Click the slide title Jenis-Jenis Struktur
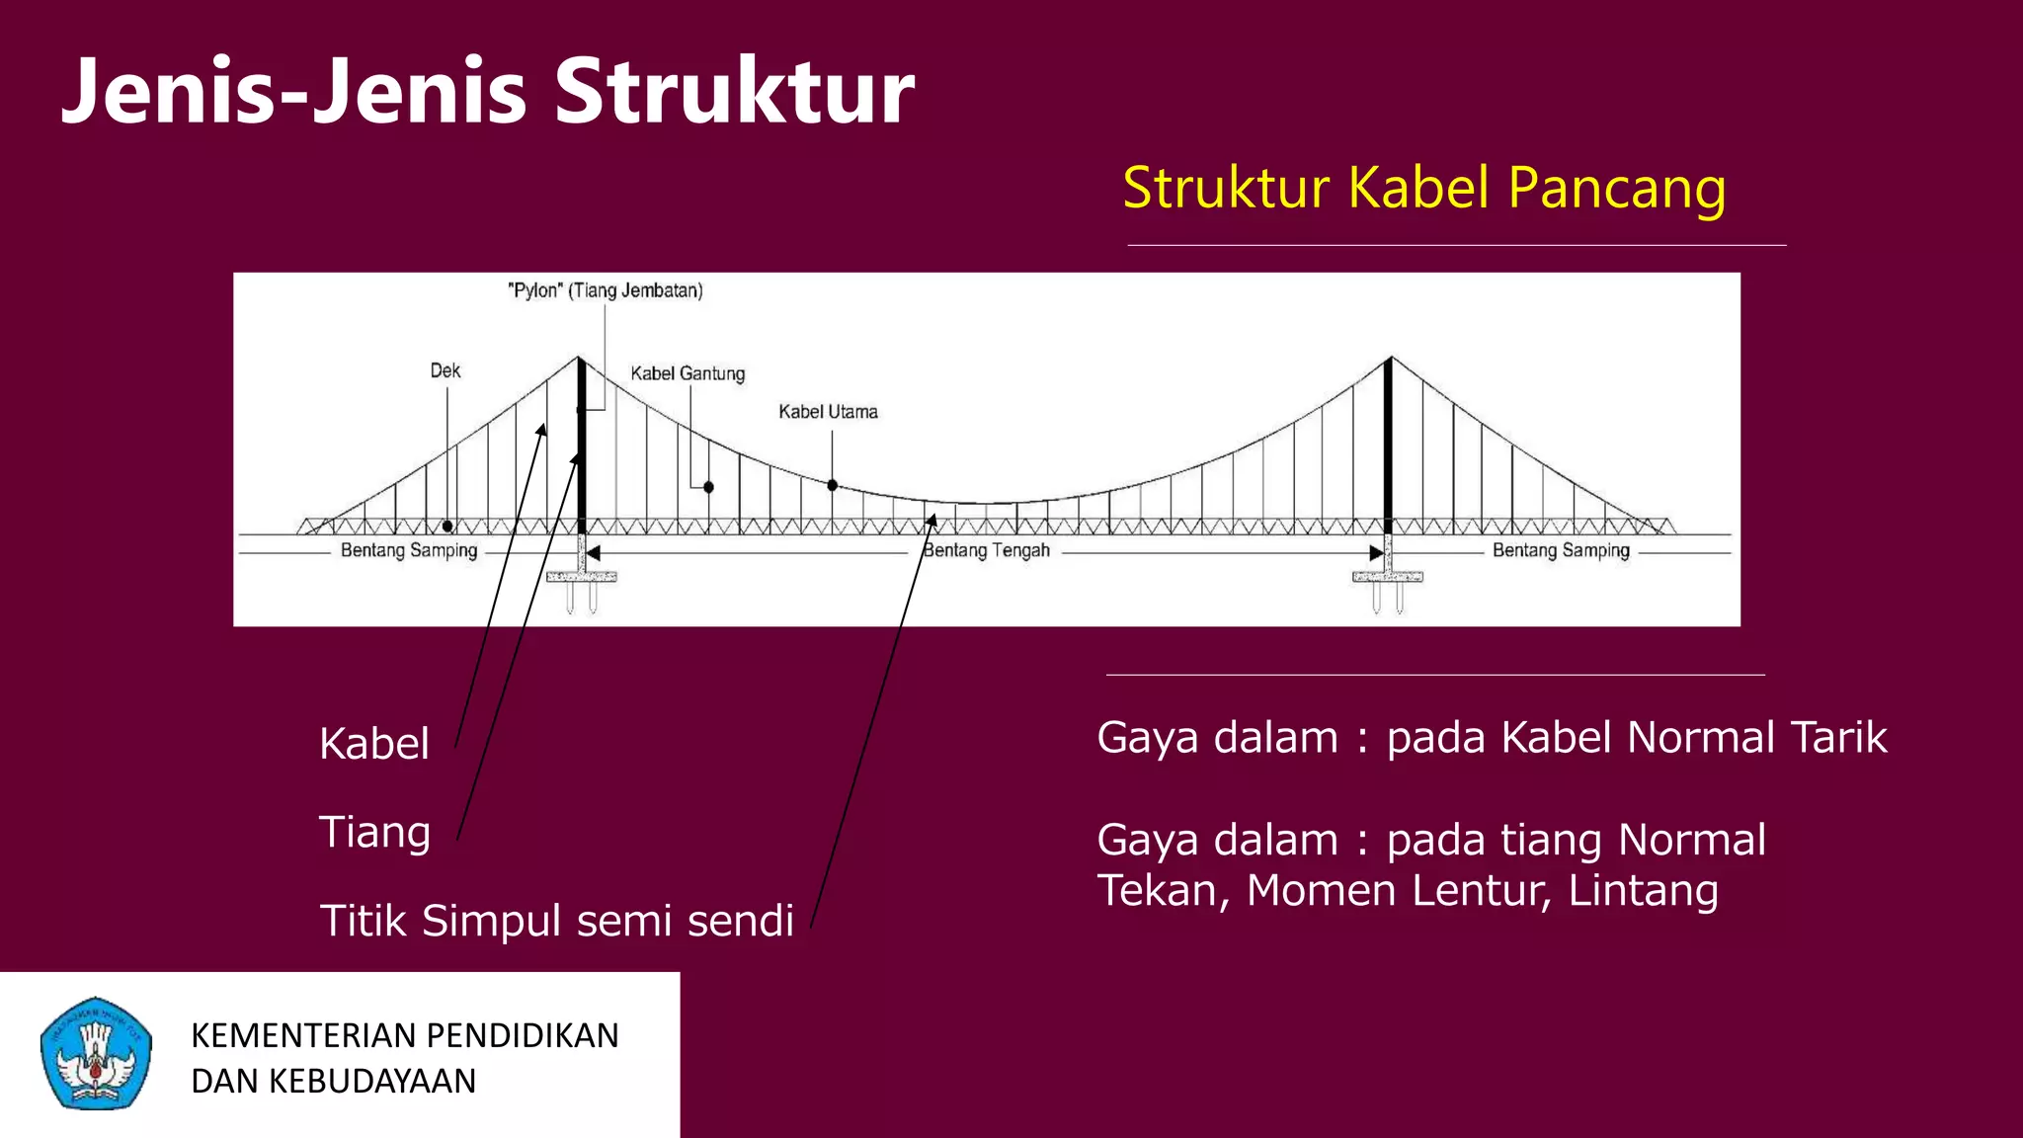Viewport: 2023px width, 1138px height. click(488, 91)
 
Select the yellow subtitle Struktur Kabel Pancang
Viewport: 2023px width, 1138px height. click(1423, 188)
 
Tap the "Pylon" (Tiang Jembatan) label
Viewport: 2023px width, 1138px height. click(605, 290)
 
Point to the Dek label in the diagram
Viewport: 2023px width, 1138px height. click(445, 370)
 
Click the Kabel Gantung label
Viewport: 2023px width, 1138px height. click(688, 373)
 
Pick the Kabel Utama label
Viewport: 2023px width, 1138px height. click(828, 412)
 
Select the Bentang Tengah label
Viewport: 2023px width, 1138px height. click(986, 550)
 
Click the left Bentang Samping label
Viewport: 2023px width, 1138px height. click(409, 550)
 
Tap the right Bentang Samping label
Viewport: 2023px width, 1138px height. click(1561, 550)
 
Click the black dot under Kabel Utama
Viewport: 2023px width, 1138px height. click(833, 485)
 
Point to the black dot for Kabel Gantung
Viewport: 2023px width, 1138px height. click(708, 487)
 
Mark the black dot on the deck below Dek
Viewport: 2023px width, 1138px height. click(447, 527)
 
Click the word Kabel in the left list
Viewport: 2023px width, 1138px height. click(374, 744)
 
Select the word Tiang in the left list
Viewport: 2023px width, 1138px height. click(374, 832)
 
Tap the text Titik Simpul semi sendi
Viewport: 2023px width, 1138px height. click(556, 921)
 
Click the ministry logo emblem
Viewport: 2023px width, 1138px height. click(96, 1053)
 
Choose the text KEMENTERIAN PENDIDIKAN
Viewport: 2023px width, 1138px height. click(404, 1035)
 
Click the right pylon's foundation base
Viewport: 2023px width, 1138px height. click(1388, 577)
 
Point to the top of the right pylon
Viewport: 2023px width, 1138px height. click(1390, 359)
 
